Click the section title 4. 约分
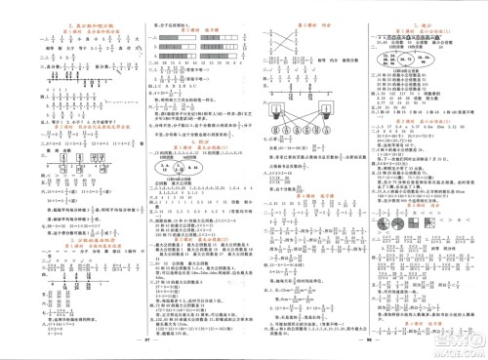click(x=182, y=141)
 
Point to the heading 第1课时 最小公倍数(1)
click(x=422, y=20)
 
